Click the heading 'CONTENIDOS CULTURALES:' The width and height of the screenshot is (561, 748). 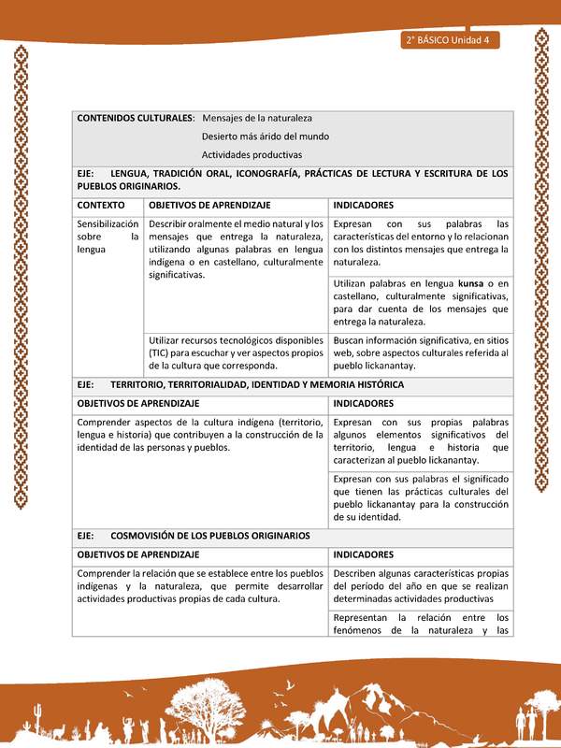[136, 118]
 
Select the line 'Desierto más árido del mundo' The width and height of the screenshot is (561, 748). [265, 137]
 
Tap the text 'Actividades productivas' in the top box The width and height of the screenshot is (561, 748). [252, 154]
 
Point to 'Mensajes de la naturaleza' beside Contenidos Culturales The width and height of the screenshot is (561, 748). [257, 118]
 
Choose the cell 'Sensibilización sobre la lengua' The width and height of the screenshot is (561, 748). [108, 237]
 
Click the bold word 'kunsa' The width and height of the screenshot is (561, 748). [475, 282]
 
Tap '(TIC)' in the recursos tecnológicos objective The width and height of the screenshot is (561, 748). [164, 353]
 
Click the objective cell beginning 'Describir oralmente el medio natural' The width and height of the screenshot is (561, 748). [236, 249]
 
